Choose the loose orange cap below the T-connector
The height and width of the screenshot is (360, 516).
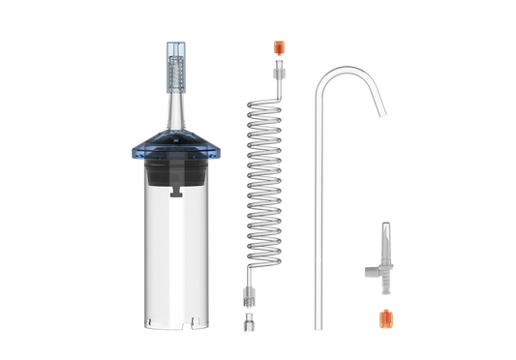386,316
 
